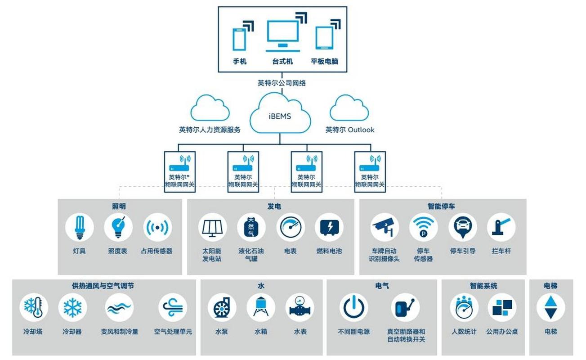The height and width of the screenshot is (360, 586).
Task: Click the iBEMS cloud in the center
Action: click(280, 115)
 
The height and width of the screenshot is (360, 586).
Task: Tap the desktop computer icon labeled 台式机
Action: click(282, 36)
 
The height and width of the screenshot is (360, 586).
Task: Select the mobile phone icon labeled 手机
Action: click(239, 39)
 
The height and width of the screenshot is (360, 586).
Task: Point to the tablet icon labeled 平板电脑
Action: click(324, 38)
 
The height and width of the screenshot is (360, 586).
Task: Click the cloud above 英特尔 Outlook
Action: click(349, 108)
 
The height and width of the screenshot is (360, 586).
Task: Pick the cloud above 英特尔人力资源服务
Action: click(210, 108)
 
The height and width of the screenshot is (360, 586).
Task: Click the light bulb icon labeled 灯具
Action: click(80, 227)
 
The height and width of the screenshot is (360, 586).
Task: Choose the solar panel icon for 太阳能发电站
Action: click(213, 227)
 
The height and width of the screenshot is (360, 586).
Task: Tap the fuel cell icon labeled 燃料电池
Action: click(329, 227)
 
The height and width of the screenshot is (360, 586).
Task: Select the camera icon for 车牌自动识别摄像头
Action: click(385, 227)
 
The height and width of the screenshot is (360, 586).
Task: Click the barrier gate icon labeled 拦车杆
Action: click(501, 227)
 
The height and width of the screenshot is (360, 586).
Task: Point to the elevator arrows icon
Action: click(550, 307)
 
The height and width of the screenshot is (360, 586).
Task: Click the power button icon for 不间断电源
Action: click(353, 307)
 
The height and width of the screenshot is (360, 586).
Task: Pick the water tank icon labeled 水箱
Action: click(261, 307)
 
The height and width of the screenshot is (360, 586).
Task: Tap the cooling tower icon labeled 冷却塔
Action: click(34, 307)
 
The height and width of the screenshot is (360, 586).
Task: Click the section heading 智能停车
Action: click(441, 207)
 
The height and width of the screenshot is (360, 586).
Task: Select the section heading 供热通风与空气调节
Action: click(103, 286)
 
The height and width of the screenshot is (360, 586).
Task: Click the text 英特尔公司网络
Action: click(282, 83)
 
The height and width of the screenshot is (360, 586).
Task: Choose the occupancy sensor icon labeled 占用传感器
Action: click(157, 227)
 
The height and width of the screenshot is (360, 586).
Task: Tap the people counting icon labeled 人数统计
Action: click(464, 307)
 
